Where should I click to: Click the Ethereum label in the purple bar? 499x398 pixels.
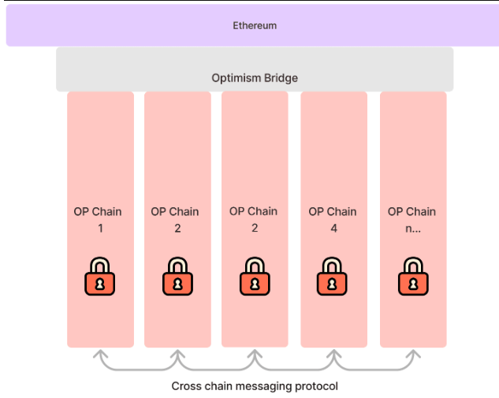point(255,25)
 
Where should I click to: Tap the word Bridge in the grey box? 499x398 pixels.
point(279,78)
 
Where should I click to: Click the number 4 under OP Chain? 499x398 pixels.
point(333,229)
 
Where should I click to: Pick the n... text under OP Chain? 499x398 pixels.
point(412,229)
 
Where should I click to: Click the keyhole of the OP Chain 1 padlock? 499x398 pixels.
point(100,282)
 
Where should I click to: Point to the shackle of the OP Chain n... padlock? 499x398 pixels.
point(412,263)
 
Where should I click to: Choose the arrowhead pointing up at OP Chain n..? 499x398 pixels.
point(413,354)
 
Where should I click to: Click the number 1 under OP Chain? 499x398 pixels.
point(100,229)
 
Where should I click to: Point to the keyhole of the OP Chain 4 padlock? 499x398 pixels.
point(333,282)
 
